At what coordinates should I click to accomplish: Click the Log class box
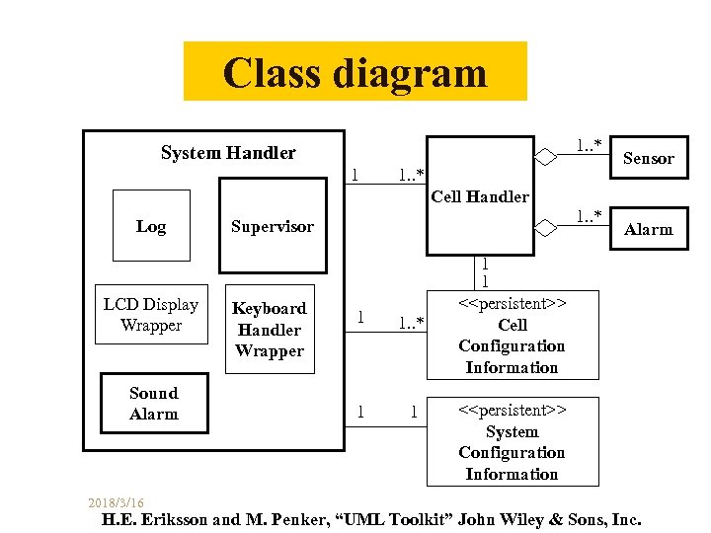click(151, 225)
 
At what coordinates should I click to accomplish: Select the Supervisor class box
click(273, 225)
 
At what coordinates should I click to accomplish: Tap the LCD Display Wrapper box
click(151, 314)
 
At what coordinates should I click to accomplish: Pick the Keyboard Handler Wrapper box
click(270, 329)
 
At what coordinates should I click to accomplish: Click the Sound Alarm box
click(154, 403)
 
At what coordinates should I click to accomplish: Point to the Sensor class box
click(649, 157)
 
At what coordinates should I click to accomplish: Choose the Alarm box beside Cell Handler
click(649, 228)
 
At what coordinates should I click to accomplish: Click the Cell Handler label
click(480, 196)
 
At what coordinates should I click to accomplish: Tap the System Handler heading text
click(228, 153)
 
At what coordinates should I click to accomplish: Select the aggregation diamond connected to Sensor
click(545, 157)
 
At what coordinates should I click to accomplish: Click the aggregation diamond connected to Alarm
click(545, 228)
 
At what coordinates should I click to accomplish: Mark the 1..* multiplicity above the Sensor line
click(589, 145)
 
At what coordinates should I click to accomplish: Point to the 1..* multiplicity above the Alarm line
click(589, 216)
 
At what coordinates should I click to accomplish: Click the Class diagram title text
click(355, 72)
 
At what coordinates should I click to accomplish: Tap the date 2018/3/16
click(116, 502)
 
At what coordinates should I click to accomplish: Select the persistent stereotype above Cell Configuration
click(513, 303)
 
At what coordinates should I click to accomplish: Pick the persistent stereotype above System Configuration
click(513, 410)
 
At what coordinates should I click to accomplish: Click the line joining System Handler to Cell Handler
click(386, 184)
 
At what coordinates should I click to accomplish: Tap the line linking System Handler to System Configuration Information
click(386, 426)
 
